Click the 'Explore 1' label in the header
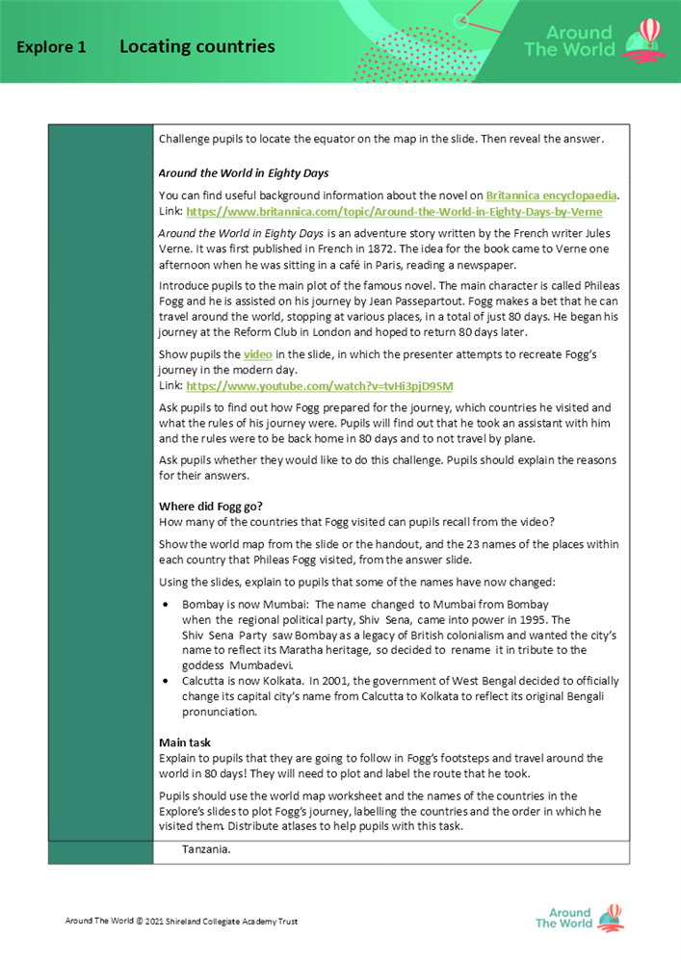(51, 47)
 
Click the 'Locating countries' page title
(196, 46)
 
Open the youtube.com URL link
(319, 385)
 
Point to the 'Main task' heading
(186, 742)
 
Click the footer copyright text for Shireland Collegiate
(181, 922)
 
